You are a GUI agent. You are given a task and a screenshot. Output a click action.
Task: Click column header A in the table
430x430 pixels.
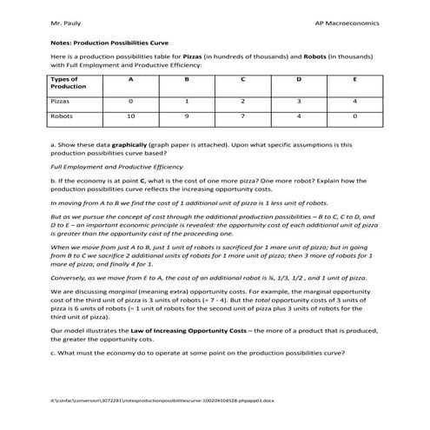130,79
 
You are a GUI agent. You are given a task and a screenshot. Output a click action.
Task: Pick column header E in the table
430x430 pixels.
355,79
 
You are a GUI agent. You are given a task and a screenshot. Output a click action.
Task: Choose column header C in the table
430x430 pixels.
242,79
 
